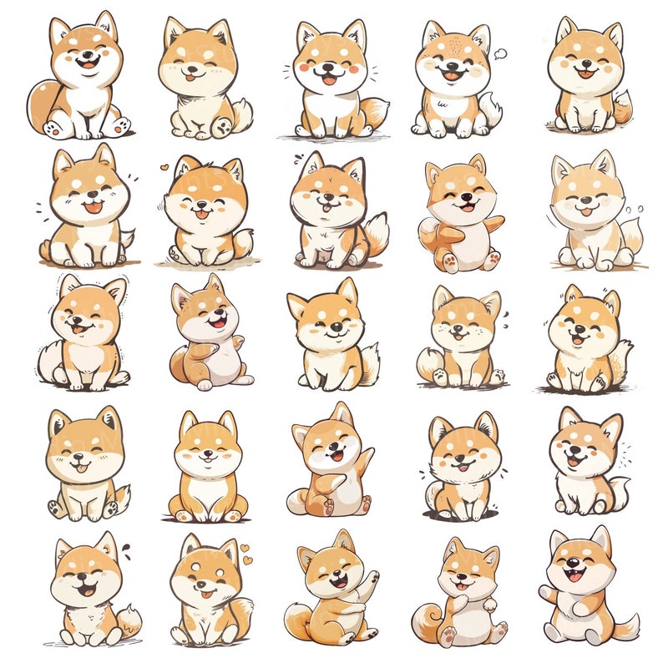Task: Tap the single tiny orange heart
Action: [x=164, y=165]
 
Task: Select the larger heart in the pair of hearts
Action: [x=245, y=549]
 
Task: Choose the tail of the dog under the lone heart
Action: [x=243, y=244]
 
